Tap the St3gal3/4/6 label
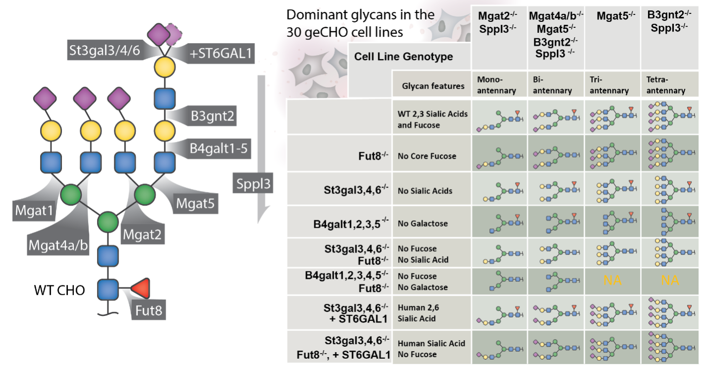point(102,50)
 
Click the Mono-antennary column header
point(496,85)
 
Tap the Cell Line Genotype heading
point(403,57)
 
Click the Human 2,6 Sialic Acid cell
point(418,313)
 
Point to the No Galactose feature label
point(422,223)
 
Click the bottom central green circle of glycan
point(108,221)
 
